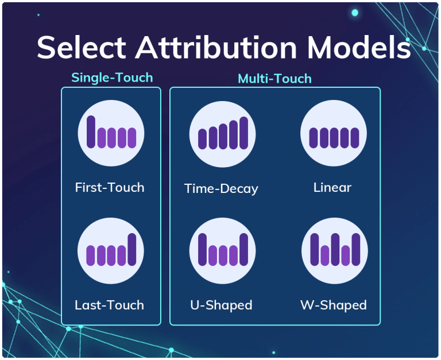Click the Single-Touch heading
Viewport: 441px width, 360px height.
click(x=112, y=78)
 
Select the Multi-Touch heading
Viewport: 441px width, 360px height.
click(x=274, y=79)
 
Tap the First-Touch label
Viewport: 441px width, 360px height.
click(x=110, y=187)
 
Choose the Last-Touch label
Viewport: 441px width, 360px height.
click(x=109, y=305)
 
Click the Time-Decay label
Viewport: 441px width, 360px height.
click(x=221, y=188)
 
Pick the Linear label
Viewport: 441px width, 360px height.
click(x=332, y=187)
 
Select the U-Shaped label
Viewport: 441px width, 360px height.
click(x=221, y=305)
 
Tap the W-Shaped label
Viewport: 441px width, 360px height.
click(x=333, y=305)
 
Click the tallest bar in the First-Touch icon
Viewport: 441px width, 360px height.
click(x=91, y=131)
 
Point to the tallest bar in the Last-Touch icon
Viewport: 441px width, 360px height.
click(x=132, y=249)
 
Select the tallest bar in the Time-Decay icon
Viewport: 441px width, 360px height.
click(x=243, y=133)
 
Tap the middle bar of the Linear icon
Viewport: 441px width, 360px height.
click(x=334, y=138)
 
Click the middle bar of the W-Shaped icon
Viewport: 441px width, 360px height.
click(x=335, y=249)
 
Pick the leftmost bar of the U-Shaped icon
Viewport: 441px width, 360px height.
click(x=202, y=249)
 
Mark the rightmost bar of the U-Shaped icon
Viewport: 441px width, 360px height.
click(x=243, y=249)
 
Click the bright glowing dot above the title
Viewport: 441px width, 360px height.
click(x=355, y=13)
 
